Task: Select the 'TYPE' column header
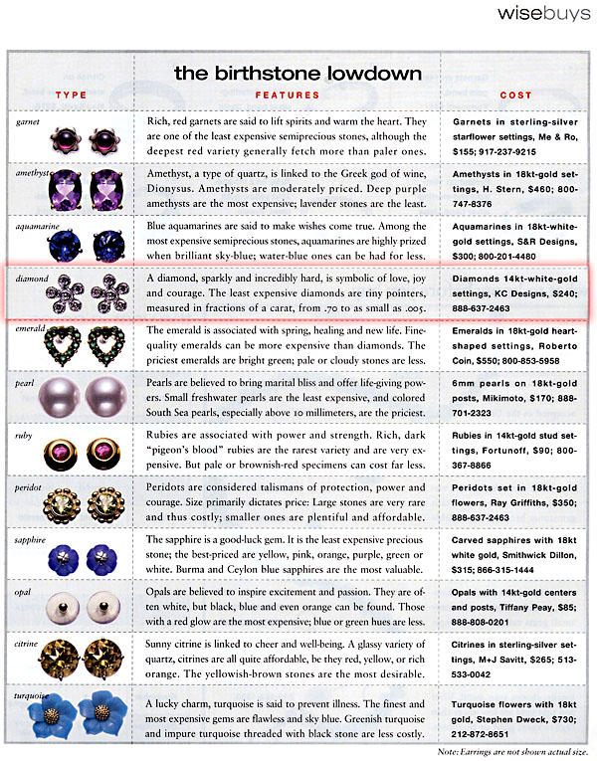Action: tap(71, 95)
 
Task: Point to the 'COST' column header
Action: tap(516, 95)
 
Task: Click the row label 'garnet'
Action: tap(31, 121)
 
